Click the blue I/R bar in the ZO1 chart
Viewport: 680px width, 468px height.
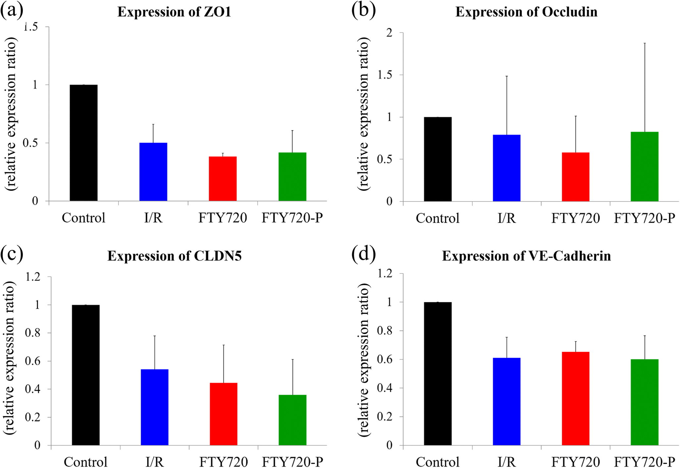pos(153,172)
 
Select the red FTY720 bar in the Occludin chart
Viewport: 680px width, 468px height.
pos(576,177)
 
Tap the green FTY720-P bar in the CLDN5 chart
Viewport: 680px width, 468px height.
pos(292,420)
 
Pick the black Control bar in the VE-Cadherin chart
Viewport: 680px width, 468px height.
pos(438,374)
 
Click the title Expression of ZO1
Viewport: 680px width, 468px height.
pos(174,12)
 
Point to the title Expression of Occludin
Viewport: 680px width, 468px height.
pos(526,12)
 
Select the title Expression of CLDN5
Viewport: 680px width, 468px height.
pos(174,256)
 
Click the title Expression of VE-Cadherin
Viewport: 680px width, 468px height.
pos(526,256)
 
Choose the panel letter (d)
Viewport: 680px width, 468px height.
pos(364,255)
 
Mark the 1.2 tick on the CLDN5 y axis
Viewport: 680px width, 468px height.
pos(33,277)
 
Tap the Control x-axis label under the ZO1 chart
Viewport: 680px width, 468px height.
pos(83,218)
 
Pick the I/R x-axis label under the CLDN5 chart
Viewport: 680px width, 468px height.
pos(155,462)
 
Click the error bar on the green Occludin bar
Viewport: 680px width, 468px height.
pos(645,88)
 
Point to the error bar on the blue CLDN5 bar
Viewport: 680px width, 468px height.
pos(155,352)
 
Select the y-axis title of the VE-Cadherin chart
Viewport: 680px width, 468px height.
pos(364,360)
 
